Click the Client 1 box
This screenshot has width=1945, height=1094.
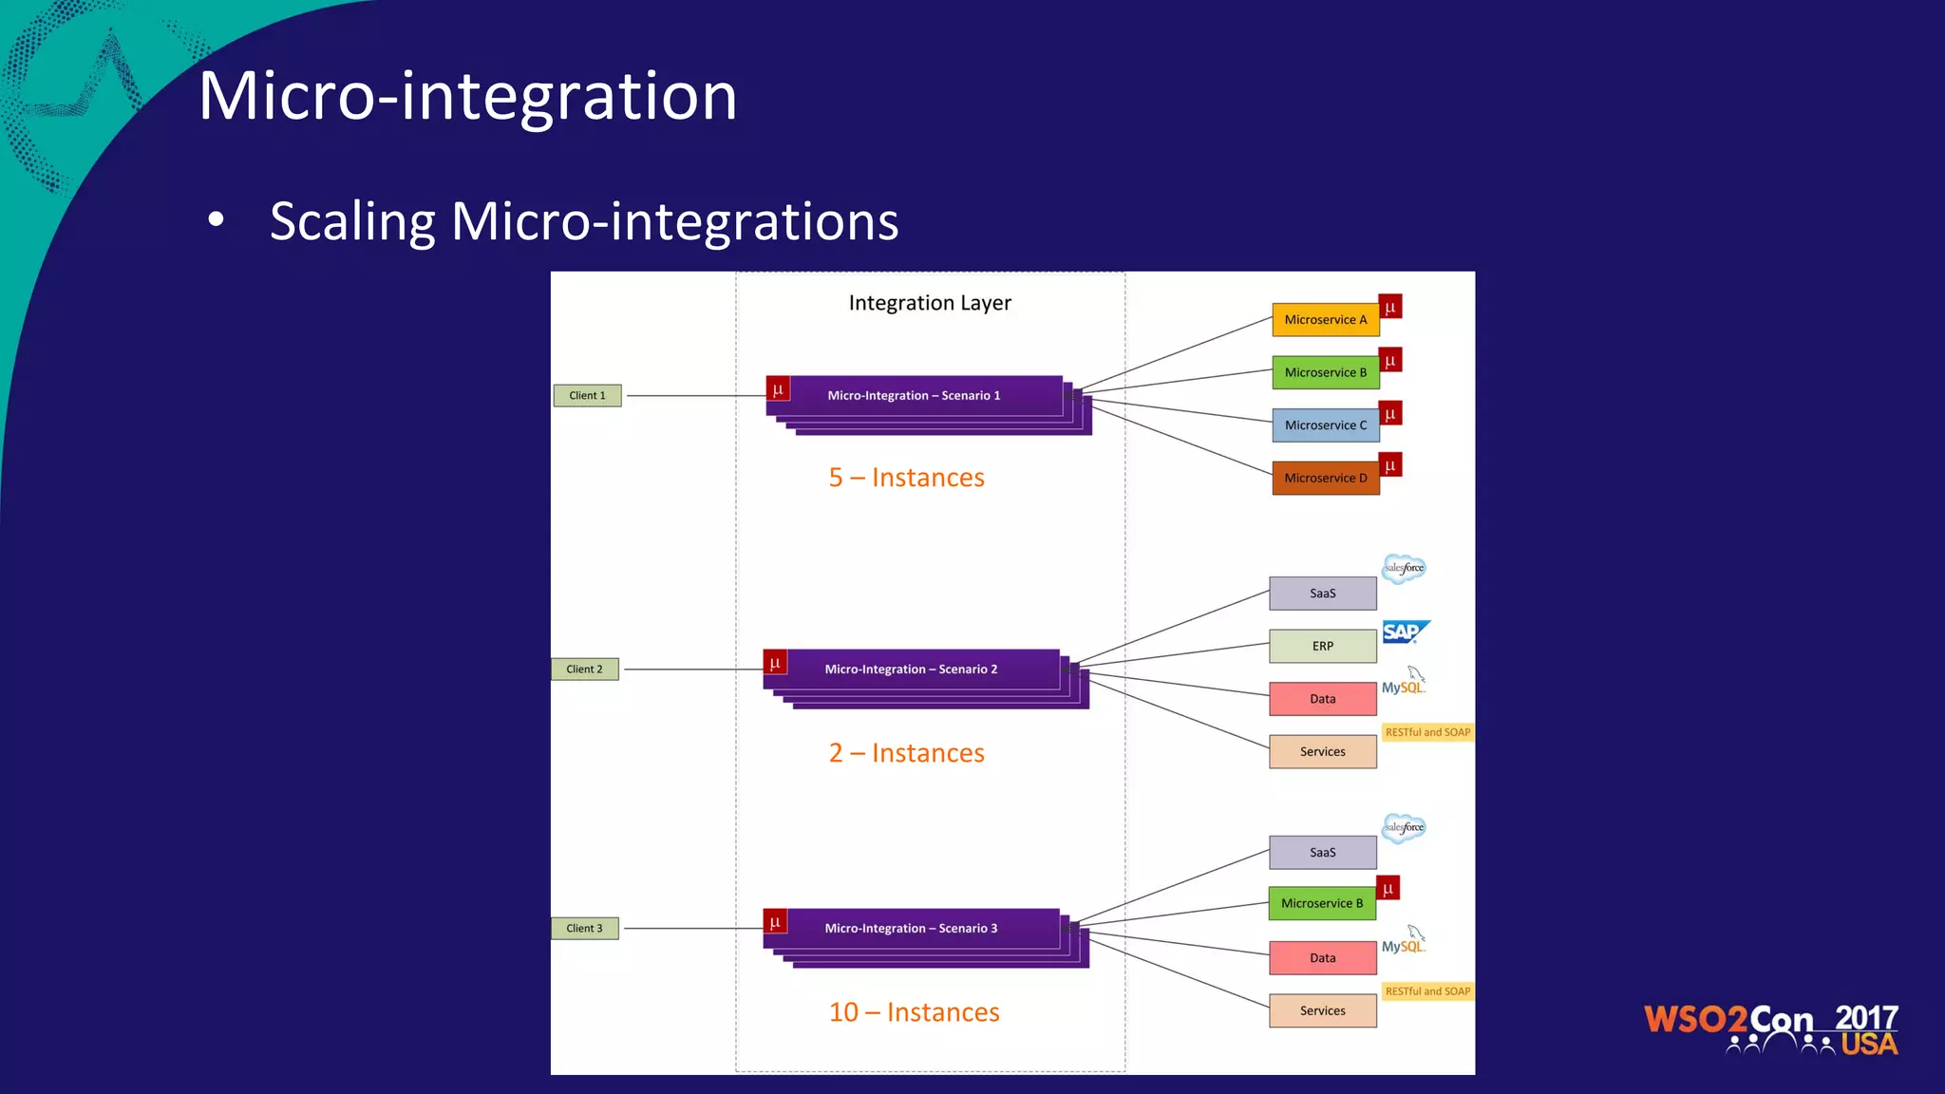point(587,395)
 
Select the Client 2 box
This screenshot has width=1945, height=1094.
point(584,670)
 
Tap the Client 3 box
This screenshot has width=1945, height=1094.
point(584,929)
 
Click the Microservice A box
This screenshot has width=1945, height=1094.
point(1325,320)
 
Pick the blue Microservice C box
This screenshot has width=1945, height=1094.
point(1325,425)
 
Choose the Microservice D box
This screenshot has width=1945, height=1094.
point(1325,478)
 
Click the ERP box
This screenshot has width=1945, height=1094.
point(1322,646)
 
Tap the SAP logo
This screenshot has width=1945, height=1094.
point(1405,632)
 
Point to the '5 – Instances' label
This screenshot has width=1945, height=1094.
point(906,478)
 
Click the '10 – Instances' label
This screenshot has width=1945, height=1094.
point(914,1012)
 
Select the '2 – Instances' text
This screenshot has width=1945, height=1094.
point(906,753)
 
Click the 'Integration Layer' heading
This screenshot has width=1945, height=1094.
point(930,303)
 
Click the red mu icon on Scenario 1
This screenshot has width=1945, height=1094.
point(778,389)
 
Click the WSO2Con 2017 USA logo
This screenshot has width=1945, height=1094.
point(1771,1029)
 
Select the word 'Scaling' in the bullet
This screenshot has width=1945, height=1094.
point(352,222)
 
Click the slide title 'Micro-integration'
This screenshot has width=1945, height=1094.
point(467,96)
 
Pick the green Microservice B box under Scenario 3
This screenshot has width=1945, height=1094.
point(1321,903)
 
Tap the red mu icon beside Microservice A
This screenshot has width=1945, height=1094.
point(1390,308)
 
